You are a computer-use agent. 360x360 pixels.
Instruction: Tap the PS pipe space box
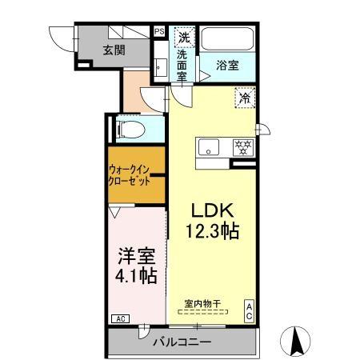[x=159, y=32]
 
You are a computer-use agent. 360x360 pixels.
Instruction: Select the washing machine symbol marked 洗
[x=183, y=37]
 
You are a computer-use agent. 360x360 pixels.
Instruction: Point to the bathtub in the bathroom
[x=226, y=38]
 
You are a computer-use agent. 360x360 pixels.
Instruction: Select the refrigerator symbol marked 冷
[x=243, y=99]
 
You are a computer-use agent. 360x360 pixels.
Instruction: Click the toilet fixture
[x=130, y=127]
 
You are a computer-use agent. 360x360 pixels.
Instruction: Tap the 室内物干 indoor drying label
[x=203, y=302]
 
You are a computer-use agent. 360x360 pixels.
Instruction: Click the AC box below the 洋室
[x=119, y=319]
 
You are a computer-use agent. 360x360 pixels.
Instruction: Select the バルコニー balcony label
[x=182, y=342]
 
